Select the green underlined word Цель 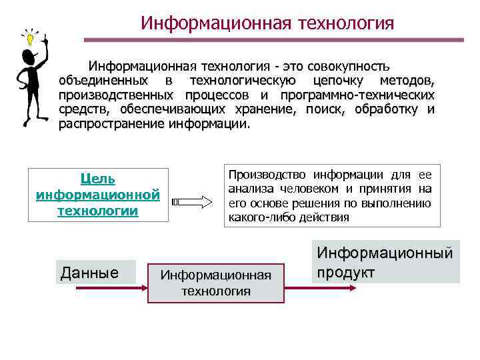click(x=97, y=179)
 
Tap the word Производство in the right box click(x=263, y=175)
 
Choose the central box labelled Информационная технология click(x=216, y=283)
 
